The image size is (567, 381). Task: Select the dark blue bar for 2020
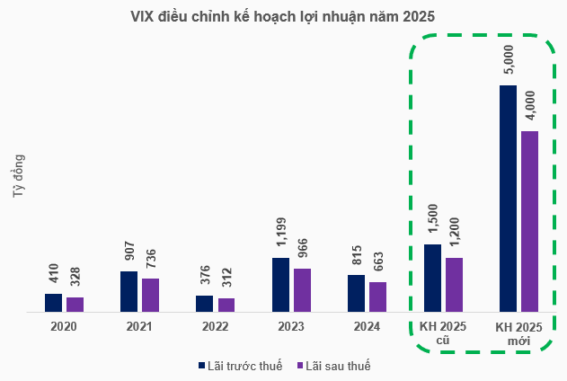54,303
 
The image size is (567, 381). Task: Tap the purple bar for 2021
150,296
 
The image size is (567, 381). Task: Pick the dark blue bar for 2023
280,285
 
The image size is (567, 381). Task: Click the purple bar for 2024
377,297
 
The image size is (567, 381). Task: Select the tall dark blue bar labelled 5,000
508,199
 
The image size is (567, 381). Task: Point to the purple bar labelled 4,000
529,221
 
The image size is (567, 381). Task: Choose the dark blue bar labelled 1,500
432,278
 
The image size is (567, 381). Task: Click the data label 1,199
280,238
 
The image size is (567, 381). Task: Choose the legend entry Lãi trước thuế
240,365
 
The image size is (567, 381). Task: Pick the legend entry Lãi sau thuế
333,365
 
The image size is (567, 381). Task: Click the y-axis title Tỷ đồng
19,176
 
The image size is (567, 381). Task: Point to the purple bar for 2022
226,306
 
